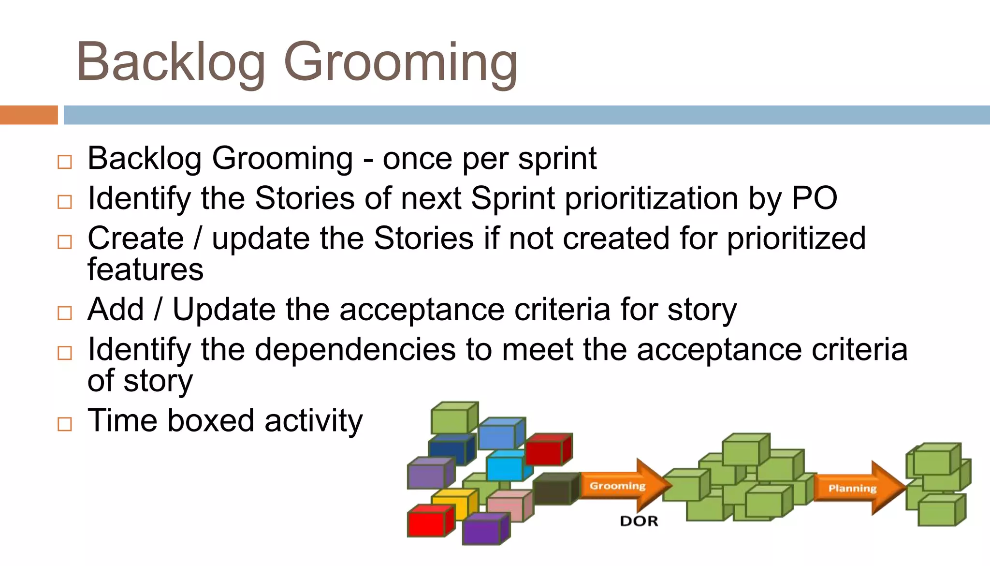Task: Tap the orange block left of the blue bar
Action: (x=29, y=115)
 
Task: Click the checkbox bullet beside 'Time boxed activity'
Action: (x=64, y=424)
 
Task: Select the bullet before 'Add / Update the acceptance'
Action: (x=64, y=313)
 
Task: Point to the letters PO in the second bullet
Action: (x=814, y=198)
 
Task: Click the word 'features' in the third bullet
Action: (x=145, y=270)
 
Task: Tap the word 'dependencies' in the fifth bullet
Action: (x=355, y=349)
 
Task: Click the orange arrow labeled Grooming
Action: (x=624, y=485)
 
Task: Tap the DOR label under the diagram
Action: (x=639, y=521)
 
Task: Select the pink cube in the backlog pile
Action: (x=508, y=506)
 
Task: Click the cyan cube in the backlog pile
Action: (x=505, y=465)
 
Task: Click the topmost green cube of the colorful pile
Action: (x=451, y=417)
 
